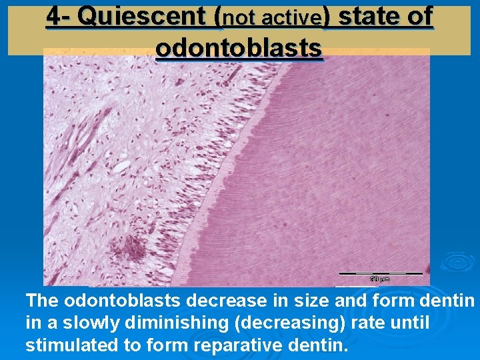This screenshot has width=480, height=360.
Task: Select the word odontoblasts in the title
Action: point(239,47)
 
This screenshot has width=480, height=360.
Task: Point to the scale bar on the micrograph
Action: point(381,273)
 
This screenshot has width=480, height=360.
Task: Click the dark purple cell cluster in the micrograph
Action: point(128,248)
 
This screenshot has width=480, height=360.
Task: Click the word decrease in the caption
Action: point(200,301)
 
